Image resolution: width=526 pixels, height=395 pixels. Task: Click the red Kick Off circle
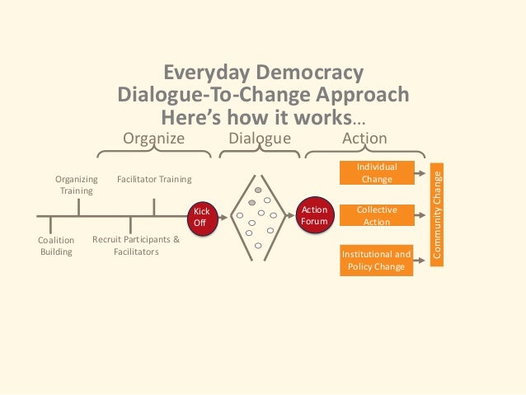click(201, 217)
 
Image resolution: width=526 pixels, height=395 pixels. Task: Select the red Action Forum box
click(314, 216)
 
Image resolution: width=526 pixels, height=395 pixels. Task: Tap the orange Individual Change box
click(376, 173)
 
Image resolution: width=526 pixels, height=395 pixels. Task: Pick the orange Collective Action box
click(376, 216)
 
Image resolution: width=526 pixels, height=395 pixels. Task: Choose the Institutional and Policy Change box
click(376, 260)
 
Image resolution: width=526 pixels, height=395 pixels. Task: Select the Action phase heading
click(364, 139)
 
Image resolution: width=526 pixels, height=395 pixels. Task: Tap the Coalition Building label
click(56, 246)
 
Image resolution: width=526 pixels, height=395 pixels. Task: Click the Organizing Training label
click(76, 184)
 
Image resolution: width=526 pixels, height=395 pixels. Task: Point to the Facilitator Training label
click(154, 179)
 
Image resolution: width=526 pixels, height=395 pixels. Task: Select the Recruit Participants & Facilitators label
click(135, 246)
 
